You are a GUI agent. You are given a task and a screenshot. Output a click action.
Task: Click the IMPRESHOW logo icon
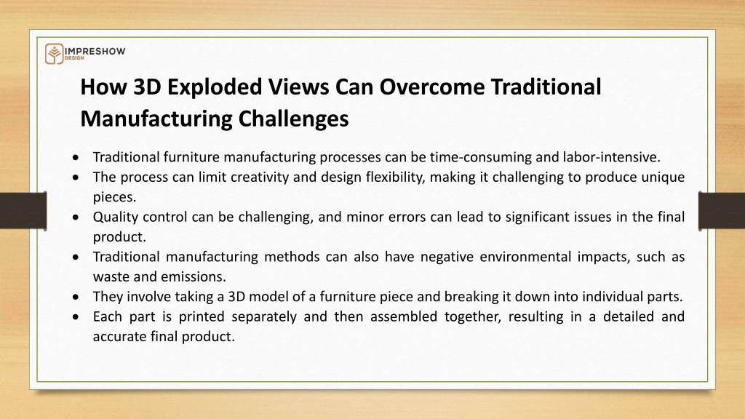coord(54,54)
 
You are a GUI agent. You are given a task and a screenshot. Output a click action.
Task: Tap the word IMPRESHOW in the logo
coord(95,52)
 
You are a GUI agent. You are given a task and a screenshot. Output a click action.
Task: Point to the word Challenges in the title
coord(294,119)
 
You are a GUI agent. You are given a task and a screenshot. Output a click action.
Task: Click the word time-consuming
coord(481,157)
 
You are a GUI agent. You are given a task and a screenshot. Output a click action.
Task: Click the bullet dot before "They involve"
coord(76,298)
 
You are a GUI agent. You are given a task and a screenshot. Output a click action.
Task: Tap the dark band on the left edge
coord(23,211)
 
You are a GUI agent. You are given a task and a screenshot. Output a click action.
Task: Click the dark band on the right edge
coord(722,211)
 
